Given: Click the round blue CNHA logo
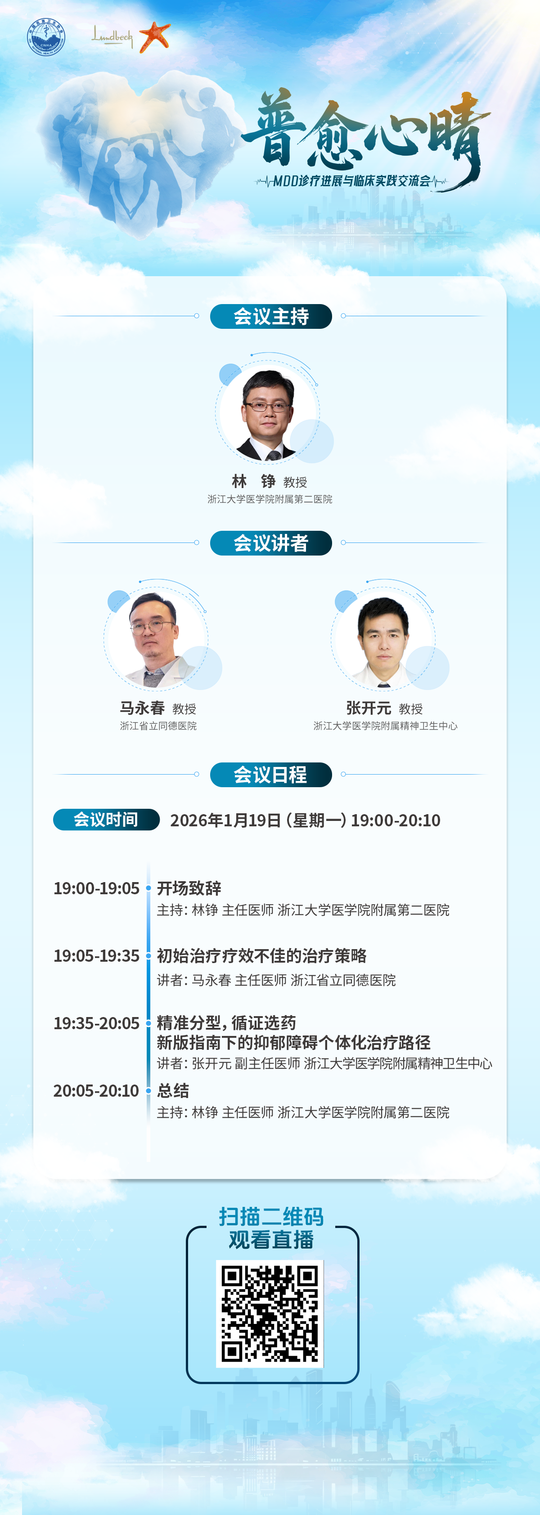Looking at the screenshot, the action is coord(46,37).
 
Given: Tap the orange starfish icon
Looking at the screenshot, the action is coord(155,36).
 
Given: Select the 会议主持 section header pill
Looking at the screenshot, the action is coord(271,316).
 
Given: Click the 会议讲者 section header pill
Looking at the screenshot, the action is coord(271,543).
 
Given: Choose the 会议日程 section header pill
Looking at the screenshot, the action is coord(271,775).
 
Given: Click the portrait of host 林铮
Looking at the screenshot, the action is coord(268,414).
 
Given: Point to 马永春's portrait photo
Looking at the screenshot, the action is coord(156,640).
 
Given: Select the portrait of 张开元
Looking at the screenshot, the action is coord(383,640).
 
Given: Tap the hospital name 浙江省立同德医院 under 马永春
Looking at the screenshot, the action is coord(158,726).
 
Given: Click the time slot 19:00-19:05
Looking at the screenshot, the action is coord(96,888).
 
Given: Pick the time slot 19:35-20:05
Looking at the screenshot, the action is coord(96,1023).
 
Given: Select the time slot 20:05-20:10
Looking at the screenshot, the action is coord(96,1091).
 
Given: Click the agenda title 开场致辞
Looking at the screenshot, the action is coord(189,888).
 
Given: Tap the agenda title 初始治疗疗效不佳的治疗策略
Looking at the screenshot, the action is coord(262,956).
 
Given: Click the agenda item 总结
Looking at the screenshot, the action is coord(173,1091).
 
